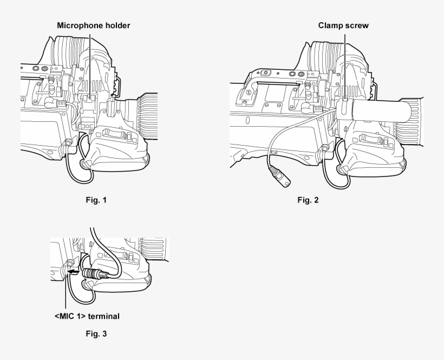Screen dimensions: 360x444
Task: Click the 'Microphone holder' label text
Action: [94, 25]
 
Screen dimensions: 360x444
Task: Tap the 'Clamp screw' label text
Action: [344, 25]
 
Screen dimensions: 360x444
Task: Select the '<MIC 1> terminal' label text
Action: [87, 316]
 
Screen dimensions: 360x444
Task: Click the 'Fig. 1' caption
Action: [96, 200]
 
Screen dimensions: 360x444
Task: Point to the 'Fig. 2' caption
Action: [308, 200]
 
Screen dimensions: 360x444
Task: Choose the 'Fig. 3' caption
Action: [96, 333]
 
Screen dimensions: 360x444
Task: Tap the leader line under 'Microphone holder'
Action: [90, 60]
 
